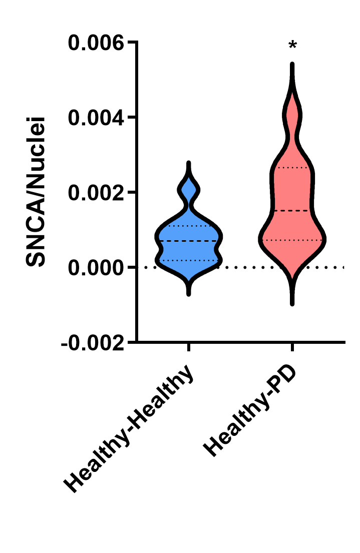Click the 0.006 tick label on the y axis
[x=96, y=43]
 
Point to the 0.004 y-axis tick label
[x=96, y=118]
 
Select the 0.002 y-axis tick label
[x=96, y=193]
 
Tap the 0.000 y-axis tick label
[x=96, y=268]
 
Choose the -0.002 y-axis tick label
[x=92, y=343]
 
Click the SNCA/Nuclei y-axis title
[x=37, y=192]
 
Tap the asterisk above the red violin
[x=292, y=47]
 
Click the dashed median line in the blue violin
[x=189, y=241]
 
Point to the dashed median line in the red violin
[x=292, y=211]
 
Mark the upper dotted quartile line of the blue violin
[x=189, y=226]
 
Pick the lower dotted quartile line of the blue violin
[x=189, y=260]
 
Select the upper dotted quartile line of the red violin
[x=292, y=168]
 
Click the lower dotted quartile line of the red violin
[x=292, y=240]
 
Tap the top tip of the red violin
[x=292, y=65]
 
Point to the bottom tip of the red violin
[x=292, y=303]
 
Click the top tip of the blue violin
[x=189, y=163]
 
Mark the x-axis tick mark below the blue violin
[x=189, y=347]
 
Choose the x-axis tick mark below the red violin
[x=292, y=347]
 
